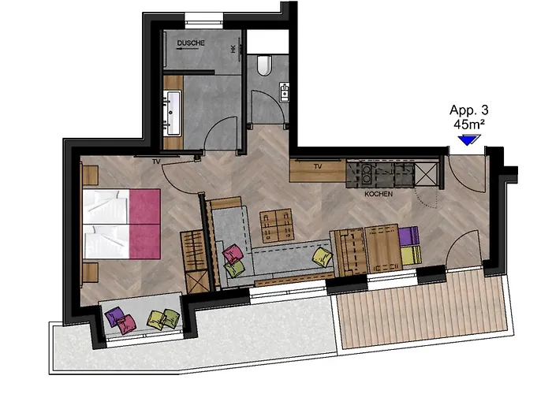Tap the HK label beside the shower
[233, 49]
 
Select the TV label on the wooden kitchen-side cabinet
[319, 166]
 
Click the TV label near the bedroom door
[156, 162]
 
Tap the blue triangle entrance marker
[469, 140]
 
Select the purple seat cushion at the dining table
[408, 236]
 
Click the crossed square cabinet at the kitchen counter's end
[426, 174]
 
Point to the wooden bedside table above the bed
[89, 173]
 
